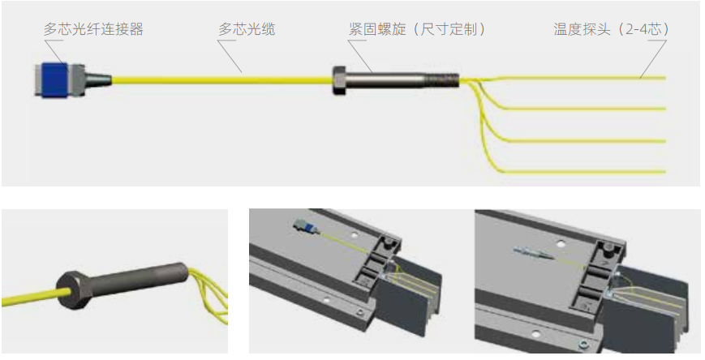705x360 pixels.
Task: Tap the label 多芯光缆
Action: pos(247,29)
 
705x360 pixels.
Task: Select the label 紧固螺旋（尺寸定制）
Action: pos(415,29)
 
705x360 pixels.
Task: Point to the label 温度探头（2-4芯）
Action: pos(611,29)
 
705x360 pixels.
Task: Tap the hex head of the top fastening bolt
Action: pos(339,79)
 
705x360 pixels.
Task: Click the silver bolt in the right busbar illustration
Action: pos(531,253)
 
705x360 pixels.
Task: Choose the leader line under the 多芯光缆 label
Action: pos(230,57)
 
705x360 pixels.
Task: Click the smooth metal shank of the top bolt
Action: pos(389,79)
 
